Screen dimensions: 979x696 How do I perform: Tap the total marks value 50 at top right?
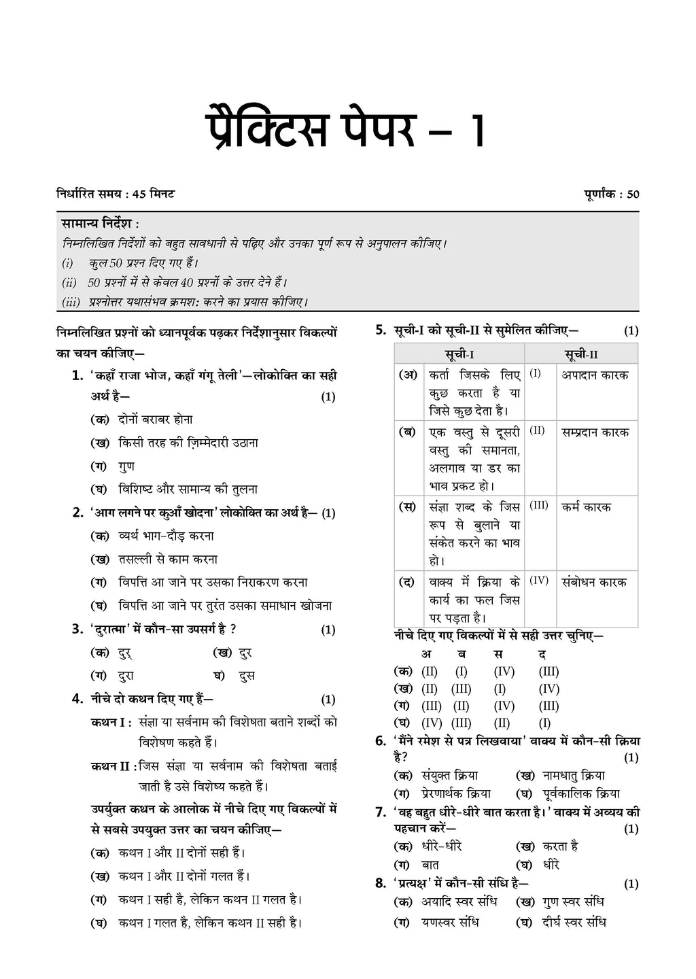[x=633, y=194]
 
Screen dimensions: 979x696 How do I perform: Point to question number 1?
[x=77, y=376]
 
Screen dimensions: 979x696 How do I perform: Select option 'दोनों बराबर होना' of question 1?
[x=155, y=419]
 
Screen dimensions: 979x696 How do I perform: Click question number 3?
[x=77, y=630]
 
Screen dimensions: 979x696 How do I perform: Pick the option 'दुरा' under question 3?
[x=126, y=676]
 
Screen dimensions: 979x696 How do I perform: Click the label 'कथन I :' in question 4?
[x=111, y=723]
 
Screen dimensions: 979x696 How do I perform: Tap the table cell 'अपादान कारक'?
[x=595, y=375]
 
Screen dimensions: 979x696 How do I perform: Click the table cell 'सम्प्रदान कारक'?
[x=595, y=432]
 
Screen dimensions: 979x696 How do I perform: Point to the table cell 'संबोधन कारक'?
[x=594, y=582]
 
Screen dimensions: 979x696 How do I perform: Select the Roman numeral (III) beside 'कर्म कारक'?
[x=538, y=506]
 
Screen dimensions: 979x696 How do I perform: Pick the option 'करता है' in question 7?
[x=560, y=846]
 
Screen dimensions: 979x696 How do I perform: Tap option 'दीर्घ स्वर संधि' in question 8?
[x=574, y=923]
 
